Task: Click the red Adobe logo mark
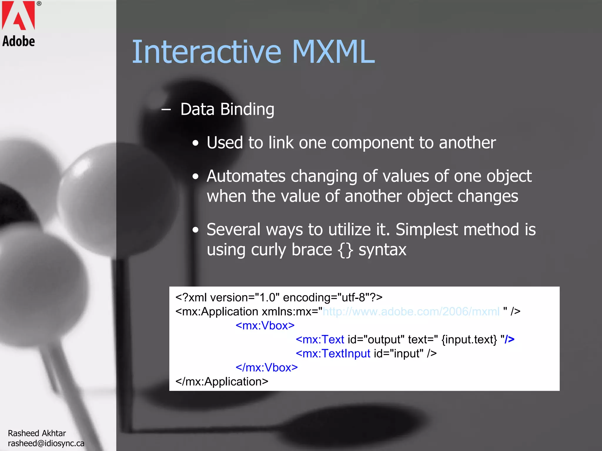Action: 18,15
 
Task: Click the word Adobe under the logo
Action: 19,41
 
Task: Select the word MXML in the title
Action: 333,52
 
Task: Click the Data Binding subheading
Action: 227,110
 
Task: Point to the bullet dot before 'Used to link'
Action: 196,144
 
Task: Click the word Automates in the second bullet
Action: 246,176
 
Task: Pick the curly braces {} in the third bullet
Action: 345,250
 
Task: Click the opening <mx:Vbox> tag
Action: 265,326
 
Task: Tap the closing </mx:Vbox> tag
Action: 267,368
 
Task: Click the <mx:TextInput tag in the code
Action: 333,354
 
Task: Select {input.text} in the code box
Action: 469,340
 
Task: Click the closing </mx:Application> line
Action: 222,382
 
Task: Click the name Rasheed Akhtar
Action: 37,433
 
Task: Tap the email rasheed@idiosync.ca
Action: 46,443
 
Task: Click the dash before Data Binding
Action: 166,110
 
